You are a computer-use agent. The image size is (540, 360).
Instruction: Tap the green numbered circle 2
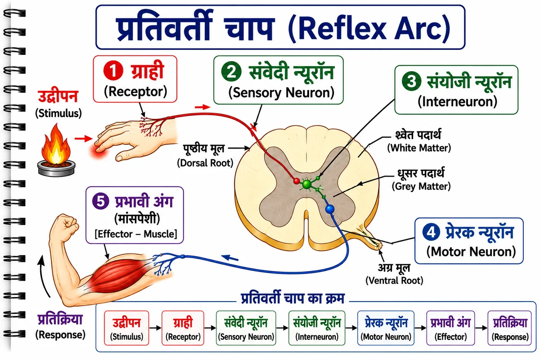pos(231,72)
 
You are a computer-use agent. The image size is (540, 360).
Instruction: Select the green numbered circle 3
pos(411,81)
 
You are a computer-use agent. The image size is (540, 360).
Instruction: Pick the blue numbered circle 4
pos(431,232)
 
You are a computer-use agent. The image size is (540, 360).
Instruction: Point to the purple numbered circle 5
pos(101,201)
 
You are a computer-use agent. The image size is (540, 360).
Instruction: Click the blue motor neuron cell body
pos(330,209)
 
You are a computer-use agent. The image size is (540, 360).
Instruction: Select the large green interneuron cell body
pos(306,184)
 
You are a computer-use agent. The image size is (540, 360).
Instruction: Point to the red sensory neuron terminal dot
pos(297,181)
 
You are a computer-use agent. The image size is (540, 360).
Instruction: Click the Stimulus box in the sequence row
pos(126,328)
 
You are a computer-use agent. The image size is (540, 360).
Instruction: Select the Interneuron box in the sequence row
pos(317,328)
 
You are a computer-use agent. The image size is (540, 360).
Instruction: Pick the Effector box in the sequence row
pos(450,328)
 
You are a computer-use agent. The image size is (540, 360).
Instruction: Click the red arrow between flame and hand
pos(83,139)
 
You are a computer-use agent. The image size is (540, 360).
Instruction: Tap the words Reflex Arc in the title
pos(369,28)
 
